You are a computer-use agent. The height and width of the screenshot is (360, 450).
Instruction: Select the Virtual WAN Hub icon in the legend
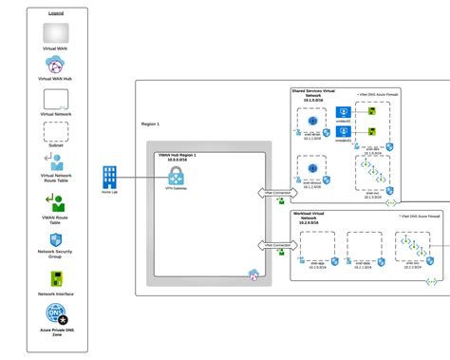[x=54, y=66]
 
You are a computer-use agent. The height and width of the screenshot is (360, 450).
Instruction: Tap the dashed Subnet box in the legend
[x=54, y=132]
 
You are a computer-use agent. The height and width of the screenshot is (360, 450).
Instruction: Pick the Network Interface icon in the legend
[x=54, y=278]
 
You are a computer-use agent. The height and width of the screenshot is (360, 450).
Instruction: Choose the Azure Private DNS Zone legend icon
[x=54, y=318]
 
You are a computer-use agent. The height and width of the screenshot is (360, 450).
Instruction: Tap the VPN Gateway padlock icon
[x=176, y=176]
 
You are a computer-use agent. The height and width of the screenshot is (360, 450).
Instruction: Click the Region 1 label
[x=150, y=123]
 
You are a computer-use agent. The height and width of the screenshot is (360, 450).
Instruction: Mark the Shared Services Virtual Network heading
[x=315, y=95]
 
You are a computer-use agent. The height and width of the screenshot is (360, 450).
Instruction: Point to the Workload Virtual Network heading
[x=315, y=218]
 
